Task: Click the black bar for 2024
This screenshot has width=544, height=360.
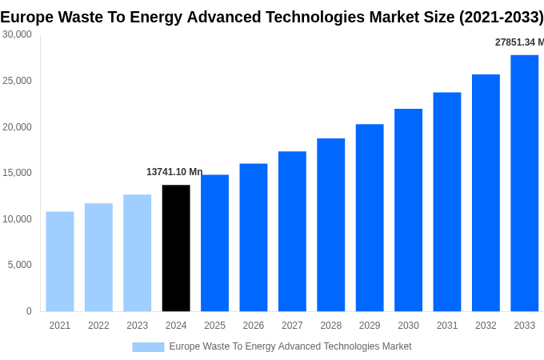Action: click(x=176, y=248)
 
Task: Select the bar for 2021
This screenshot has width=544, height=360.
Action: click(x=60, y=262)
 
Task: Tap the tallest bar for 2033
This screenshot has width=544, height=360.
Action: click(x=524, y=183)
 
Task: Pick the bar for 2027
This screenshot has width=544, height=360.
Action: click(x=292, y=231)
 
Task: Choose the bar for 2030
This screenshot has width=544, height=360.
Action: click(x=408, y=210)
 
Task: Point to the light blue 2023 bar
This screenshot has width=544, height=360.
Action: click(x=137, y=253)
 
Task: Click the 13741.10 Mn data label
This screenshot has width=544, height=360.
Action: click(x=174, y=172)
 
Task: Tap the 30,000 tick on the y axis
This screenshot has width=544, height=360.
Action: click(x=17, y=34)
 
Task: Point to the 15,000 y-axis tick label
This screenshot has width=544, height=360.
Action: click(x=17, y=173)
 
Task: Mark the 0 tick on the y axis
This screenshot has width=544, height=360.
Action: click(x=29, y=311)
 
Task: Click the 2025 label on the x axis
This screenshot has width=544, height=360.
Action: click(x=214, y=326)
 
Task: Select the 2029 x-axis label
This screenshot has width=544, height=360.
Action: click(x=370, y=326)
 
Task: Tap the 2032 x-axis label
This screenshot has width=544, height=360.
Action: click(x=486, y=326)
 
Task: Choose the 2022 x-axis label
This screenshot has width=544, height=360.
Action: click(x=98, y=326)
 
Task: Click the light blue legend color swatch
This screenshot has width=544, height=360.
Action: click(x=148, y=347)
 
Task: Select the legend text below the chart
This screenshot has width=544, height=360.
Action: click(x=290, y=346)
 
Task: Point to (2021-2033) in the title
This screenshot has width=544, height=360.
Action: click(x=501, y=17)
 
